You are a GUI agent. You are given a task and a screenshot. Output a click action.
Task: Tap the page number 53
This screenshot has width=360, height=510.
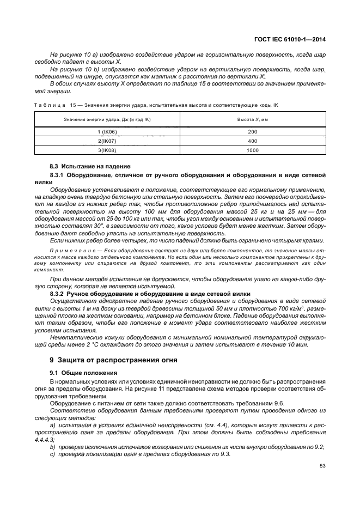coord(321,465)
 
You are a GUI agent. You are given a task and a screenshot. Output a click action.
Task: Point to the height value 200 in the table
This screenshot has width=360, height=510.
coord(252,132)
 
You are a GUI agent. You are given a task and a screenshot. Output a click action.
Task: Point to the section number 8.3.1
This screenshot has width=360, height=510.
coord(57,174)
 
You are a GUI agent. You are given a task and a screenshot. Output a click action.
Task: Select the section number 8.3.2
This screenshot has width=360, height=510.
coord(57,293)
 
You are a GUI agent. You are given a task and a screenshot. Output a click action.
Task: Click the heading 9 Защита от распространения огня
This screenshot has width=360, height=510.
coord(101,360)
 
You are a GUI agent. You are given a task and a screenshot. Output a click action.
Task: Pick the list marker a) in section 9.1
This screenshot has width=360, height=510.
coord(52,424)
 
